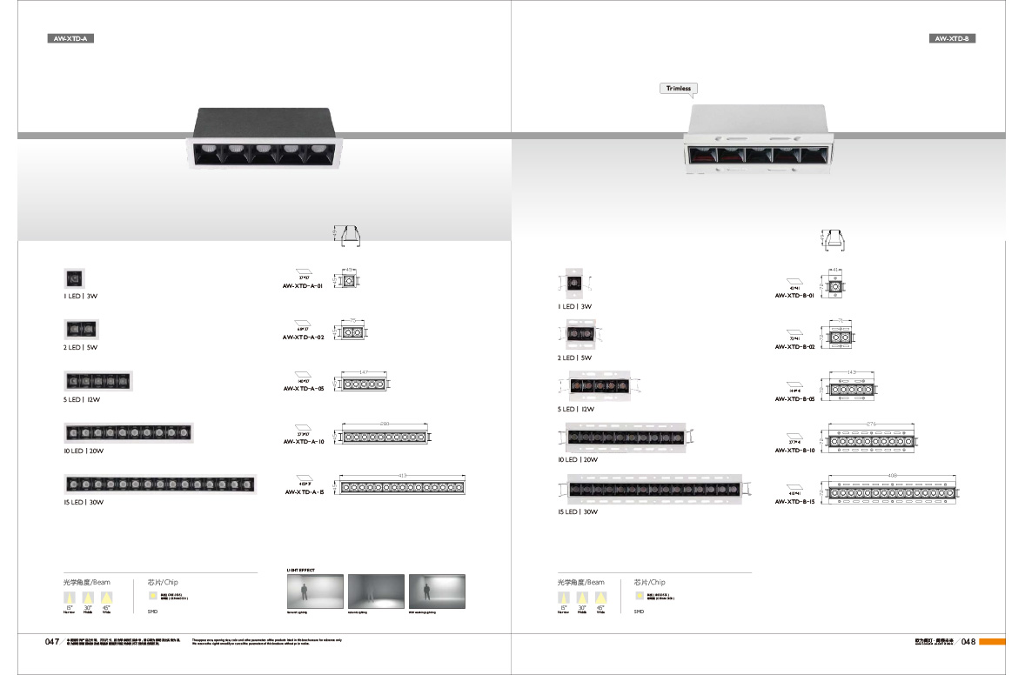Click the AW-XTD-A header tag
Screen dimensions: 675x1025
[70, 38]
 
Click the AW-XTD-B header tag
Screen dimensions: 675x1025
[954, 38]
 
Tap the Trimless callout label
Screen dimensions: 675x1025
[679, 89]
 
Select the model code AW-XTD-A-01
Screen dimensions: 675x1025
[303, 286]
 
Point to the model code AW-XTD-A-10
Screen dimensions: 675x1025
[303, 442]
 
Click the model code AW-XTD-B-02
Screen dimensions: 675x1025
[794, 347]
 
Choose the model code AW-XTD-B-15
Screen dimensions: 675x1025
[794, 502]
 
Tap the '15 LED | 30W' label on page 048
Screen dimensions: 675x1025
[578, 512]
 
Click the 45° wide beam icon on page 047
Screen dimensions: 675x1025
[106, 598]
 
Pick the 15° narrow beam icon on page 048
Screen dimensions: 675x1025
[562, 598]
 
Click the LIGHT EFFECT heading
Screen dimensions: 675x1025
[301, 571]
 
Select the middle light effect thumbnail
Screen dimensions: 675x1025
[377, 591]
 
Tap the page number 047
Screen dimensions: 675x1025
[51, 642]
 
